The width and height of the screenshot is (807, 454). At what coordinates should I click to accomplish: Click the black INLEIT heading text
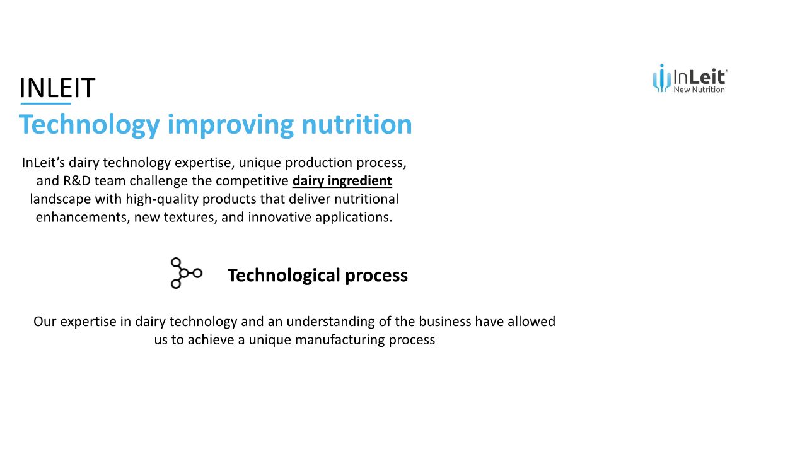point(57,88)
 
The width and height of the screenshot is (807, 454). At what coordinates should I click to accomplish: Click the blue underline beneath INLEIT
point(46,104)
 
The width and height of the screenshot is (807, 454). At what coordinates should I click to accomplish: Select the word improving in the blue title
point(231,125)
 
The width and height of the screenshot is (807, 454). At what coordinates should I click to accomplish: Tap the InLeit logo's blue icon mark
point(662,78)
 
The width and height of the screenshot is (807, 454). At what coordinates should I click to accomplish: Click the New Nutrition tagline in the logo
point(699,90)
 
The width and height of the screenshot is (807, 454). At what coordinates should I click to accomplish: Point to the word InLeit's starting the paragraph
point(44,163)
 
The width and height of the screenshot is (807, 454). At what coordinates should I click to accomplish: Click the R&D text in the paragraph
point(77,180)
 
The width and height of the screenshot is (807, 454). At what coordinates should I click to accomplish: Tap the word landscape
point(61,199)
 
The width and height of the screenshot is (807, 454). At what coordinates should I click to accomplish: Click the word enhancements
point(83,218)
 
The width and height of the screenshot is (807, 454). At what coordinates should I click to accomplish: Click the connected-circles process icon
point(186,273)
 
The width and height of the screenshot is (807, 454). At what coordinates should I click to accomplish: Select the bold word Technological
point(284,276)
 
